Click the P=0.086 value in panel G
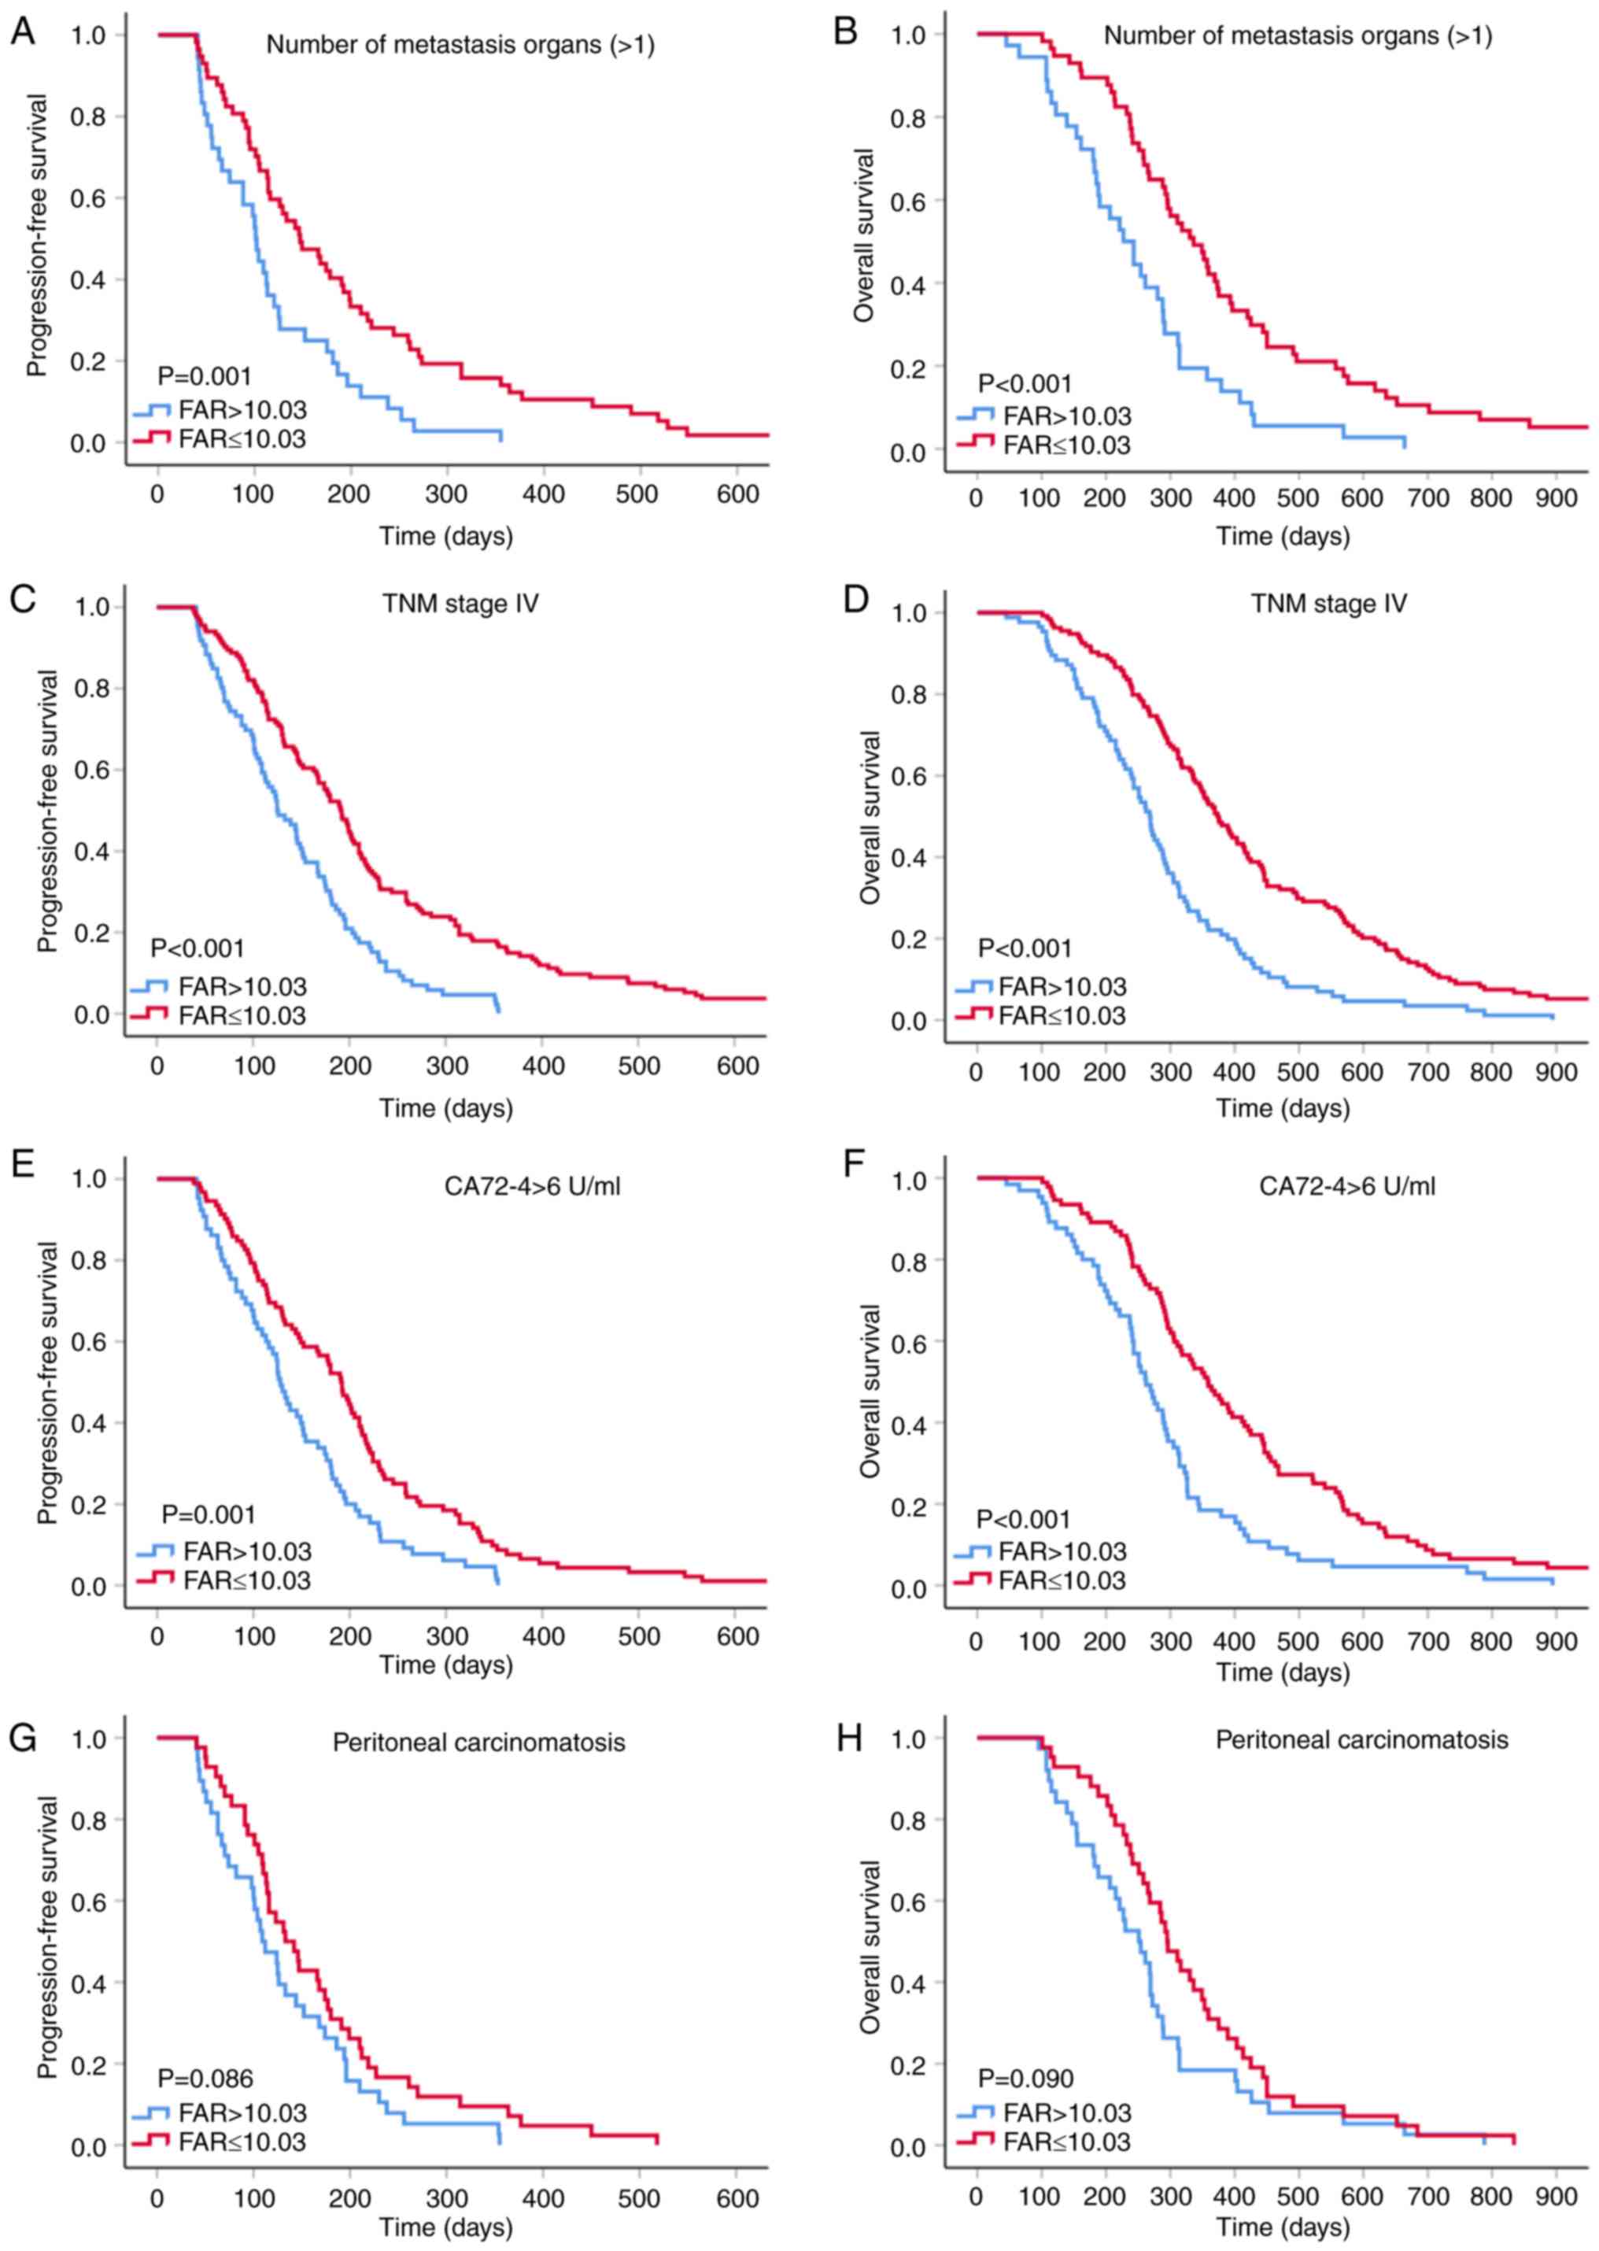(x=206, y=2078)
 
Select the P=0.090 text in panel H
(x=1025, y=2078)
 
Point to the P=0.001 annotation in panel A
(x=205, y=376)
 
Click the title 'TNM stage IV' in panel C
(x=461, y=603)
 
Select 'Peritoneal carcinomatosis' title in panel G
(x=478, y=1743)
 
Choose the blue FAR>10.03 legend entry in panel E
(x=224, y=1551)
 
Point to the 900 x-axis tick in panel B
(x=1556, y=498)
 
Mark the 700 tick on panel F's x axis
(x=1427, y=1642)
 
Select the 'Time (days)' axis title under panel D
(x=1283, y=1109)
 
